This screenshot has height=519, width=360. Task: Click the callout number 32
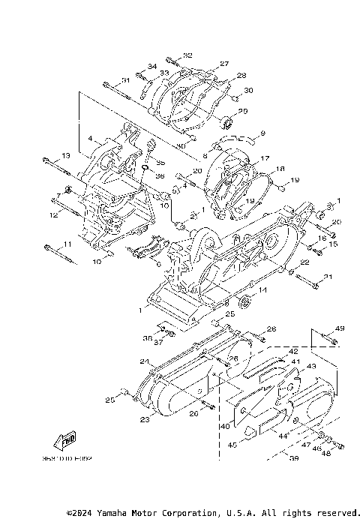(187, 55)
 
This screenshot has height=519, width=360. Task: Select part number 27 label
(223, 64)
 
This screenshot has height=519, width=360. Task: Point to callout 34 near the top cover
(152, 66)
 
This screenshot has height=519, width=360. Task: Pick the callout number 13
(65, 155)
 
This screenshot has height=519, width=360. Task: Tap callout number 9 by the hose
(263, 133)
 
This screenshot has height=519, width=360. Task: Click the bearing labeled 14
(242, 302)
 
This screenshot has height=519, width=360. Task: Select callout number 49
(340, 328)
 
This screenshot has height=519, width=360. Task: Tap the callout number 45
(232, 445)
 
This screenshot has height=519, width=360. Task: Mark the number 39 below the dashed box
(293, 458)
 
